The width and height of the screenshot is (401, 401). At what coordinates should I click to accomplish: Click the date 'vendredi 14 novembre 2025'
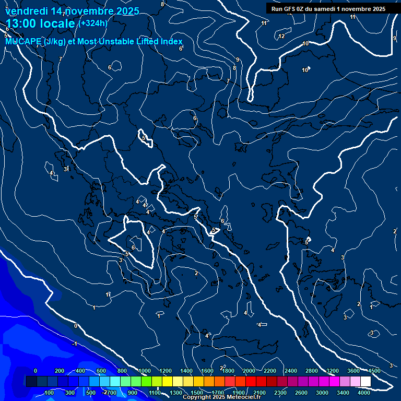pos(72,11)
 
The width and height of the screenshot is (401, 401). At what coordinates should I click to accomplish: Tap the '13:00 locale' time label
pos(40,24)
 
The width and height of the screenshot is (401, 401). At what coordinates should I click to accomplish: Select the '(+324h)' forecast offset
pos(93,23)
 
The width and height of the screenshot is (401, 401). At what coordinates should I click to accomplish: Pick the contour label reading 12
pos(281,36)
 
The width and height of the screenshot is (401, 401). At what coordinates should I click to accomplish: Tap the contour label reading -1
pos(75,344)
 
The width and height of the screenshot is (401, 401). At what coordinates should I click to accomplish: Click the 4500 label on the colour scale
pos(374,370)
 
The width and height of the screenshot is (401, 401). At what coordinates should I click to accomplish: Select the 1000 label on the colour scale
pos(144,370)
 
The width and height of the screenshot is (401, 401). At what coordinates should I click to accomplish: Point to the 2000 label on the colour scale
pos(249,370)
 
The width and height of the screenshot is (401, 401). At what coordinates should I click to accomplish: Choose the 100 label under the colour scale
pos(50,392)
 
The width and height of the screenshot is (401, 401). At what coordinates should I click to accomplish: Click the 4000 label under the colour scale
pos(364,392)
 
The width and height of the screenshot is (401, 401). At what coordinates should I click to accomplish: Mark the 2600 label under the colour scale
pos(301,392)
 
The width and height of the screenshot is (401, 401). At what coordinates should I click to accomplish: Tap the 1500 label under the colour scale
pos(197,392)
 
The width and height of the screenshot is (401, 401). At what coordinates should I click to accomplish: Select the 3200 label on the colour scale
pos(332,370)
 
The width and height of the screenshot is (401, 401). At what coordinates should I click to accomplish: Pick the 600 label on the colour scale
pos(101,370)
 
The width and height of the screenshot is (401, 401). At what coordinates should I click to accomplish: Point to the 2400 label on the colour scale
pos(290,370)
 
